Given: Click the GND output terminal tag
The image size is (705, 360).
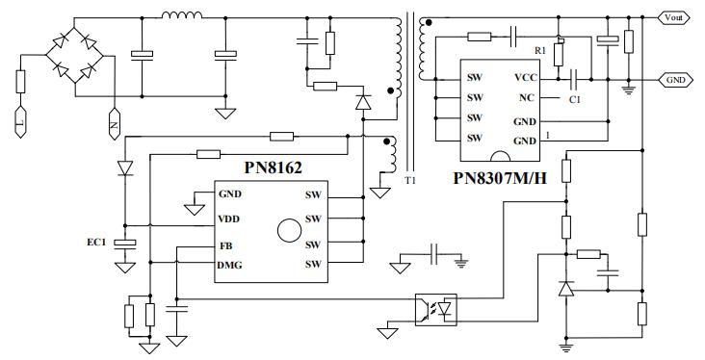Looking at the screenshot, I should (x=674, y=80).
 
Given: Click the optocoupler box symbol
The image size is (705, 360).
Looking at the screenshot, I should (x=434, y=309).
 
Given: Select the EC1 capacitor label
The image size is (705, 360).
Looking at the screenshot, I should (x=97, y=242).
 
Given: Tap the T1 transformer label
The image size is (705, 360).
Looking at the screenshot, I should (x=411, y=180).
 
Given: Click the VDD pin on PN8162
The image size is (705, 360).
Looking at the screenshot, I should (x=230, y=219).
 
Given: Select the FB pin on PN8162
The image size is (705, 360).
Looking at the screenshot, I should (x=225, y=244).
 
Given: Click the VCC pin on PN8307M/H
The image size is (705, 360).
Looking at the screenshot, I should (x=526, y=76).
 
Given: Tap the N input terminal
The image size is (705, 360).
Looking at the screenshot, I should (x=113, y=122).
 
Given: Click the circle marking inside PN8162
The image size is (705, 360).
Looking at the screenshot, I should (x=287, y=231).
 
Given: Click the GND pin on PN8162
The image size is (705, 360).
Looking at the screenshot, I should (x=231, y=193).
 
